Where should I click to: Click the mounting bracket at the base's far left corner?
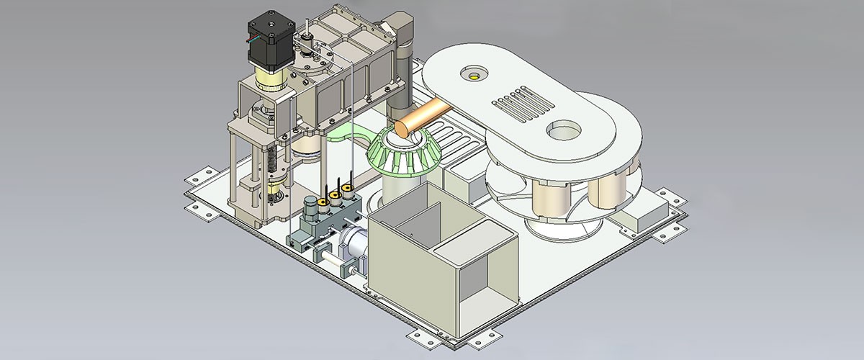pos(199,176)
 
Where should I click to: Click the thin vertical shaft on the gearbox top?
pos(307,32)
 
